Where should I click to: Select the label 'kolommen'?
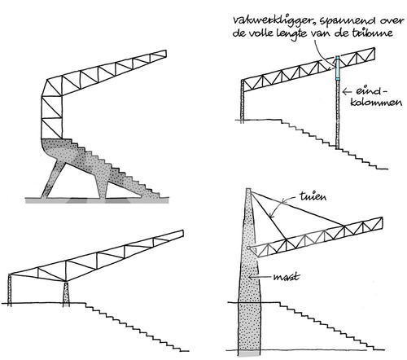(x=376, y=102)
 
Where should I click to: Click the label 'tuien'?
(x=313, y=196)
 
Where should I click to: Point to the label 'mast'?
(x=287, y=277)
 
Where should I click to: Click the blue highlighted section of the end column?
(x=338, y=68)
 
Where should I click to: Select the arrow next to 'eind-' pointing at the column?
(x=347, y=92)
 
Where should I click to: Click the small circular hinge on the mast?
(x=248, y=248)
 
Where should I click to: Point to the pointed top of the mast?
(x=248, y=189)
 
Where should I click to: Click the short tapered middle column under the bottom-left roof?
(x=66, y=295)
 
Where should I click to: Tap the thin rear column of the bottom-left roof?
(x=10, y=290)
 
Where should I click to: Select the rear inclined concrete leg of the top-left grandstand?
(x=53, y=179)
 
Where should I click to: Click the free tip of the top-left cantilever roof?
(x=166, y=53)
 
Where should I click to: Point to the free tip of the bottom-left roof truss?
(x=183, y=233)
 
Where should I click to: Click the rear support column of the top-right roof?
(x=243, y=100)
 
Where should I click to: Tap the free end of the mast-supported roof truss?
(x=382, y=223)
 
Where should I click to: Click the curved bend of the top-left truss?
(x=51, y=88)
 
